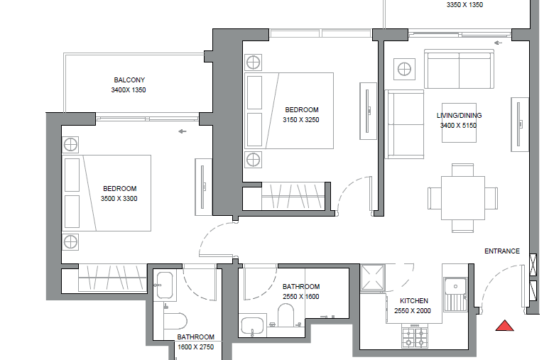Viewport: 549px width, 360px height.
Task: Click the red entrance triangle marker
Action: coord(504,326)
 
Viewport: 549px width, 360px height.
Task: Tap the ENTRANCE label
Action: coord(501,251)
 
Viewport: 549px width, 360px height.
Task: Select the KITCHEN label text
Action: coord(414,301)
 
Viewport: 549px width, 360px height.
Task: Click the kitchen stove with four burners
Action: coord(415,337)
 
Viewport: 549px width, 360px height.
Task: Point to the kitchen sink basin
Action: coord(455,286)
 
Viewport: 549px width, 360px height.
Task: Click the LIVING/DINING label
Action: coord(459,116)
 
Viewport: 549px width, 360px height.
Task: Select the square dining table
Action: coord(463,198)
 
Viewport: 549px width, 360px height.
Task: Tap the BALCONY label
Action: coord(129,80)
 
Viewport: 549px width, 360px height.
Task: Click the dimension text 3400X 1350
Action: coord(129,90)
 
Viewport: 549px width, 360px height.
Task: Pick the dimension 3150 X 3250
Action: coord(301,120)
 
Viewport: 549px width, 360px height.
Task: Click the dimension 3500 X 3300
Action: coord(119,199)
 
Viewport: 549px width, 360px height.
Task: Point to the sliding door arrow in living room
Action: coord(498,43)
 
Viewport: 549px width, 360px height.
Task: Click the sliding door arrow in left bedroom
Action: coord(183,131)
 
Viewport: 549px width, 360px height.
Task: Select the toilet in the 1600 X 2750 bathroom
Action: coord(175,320)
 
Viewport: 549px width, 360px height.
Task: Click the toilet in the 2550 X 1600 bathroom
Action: coord(286,315)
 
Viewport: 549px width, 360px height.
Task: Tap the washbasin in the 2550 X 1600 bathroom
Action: coord(252,326)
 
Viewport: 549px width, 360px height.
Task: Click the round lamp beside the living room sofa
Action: coord(404,69)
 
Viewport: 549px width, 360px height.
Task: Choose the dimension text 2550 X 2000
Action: coord(413,310)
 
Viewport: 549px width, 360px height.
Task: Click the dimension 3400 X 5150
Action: coord(458,126)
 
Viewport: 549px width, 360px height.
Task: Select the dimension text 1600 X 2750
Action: coord(196,347)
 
